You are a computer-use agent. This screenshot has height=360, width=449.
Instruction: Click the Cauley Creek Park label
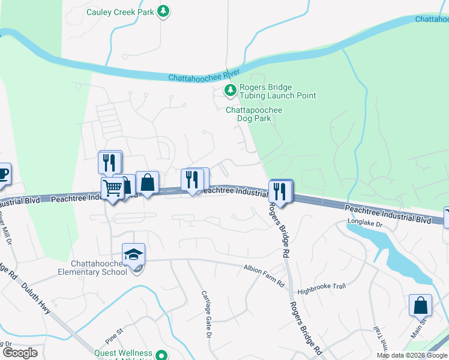(x=121, y=11)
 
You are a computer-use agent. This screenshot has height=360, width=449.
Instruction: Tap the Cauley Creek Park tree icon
(x=163, y=11)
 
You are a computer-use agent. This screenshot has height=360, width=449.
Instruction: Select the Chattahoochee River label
(x=200, y=77)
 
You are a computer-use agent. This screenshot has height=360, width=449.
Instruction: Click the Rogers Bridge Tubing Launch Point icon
(x=230, y=91)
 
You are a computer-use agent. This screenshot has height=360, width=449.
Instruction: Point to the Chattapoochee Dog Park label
(x=253, y=114)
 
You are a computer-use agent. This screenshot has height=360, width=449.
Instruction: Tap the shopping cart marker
(x=112, y=188)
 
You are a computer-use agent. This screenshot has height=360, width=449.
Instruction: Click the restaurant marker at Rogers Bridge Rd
(x=280, y=191)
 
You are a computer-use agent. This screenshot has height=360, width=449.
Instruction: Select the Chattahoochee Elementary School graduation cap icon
(x=134, y=254)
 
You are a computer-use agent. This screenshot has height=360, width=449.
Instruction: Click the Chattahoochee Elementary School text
(x=99, y=268)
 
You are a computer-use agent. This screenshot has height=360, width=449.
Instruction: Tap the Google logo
(x=20, y=353)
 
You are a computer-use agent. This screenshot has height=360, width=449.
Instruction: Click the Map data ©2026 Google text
(x=412, y=355)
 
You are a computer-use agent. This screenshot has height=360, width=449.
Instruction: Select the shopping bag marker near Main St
(x=420, y=305)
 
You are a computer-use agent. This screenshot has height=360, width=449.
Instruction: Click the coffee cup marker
(x=3, y=174)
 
